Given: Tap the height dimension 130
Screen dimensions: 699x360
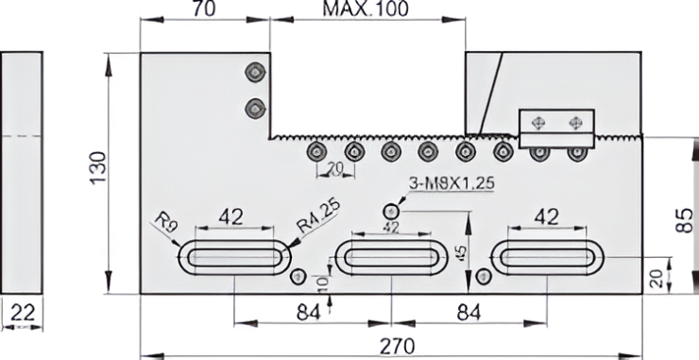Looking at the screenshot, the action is (98, 168).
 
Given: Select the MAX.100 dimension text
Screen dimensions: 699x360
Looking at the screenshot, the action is (366, 9).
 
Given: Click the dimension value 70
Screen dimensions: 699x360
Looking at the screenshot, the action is (204, 9).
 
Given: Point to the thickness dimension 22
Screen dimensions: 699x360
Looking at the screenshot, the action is (23, 313).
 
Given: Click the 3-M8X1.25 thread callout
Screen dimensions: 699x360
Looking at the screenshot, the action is (452, 183).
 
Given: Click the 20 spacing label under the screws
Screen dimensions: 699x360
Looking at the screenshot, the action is (334, 169).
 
